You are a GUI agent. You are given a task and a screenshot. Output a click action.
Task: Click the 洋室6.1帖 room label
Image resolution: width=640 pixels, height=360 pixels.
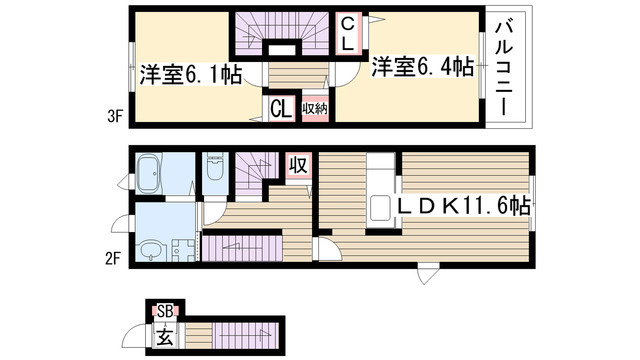click(191, 75)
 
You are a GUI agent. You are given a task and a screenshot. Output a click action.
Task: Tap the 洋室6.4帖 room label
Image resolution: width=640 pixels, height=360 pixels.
click(422, 67)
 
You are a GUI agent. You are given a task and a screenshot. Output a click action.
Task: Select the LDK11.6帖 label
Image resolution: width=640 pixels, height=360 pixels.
click(464, 205)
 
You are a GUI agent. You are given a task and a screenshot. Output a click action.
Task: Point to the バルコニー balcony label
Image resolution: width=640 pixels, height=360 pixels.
click(504, 69)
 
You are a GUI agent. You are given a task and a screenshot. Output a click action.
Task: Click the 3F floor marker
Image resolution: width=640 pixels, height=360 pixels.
click(115, 117)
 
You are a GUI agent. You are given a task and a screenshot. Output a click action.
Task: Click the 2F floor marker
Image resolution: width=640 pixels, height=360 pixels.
click(113, 258)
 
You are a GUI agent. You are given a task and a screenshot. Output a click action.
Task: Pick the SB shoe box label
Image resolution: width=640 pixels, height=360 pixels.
click(165, 312)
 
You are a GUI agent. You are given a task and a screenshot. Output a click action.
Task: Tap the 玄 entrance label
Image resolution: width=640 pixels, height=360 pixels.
click(165, 337)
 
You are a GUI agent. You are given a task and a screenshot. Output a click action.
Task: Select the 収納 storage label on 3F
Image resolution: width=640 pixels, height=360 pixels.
click(315, 109)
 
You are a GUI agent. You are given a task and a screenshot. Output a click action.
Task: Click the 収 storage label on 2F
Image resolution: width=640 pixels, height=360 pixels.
click(298, 165)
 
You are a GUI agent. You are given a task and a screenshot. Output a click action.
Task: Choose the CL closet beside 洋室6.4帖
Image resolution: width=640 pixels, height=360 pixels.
click(347, 33)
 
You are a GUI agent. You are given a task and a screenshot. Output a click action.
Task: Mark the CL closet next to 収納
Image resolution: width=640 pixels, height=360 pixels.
click(281, 109)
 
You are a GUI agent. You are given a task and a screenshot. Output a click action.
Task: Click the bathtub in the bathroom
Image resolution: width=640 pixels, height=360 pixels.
click(149, 173)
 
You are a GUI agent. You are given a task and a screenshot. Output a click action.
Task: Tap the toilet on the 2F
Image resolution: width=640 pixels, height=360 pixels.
click(215, 167)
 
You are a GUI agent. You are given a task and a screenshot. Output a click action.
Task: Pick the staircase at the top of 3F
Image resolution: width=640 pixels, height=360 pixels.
click(282, 33)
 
